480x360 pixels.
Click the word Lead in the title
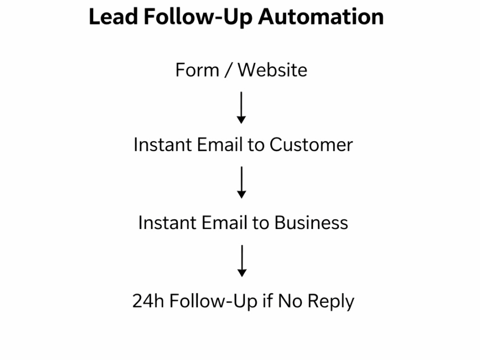coord(113,16)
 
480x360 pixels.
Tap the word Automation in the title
coord(321,16)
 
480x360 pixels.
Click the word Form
coord(197,70)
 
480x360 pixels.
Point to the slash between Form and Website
coord(228,70)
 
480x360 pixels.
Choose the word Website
coord(273,70)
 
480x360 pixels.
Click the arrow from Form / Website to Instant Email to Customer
coord(241,108)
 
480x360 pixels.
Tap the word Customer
coord(311,144)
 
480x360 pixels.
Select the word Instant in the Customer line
coord(163,144)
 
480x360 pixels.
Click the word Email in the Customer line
coord(220,144)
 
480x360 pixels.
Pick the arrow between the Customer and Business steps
coord(241,182)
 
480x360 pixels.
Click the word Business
coord(311,223)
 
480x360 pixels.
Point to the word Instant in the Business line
coord(168,223)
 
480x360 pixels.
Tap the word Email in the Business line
coord(224,223)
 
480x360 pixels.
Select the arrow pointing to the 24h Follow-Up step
coord(242,261)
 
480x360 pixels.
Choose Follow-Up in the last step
coord(213,301)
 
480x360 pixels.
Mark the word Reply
coord(331,301)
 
